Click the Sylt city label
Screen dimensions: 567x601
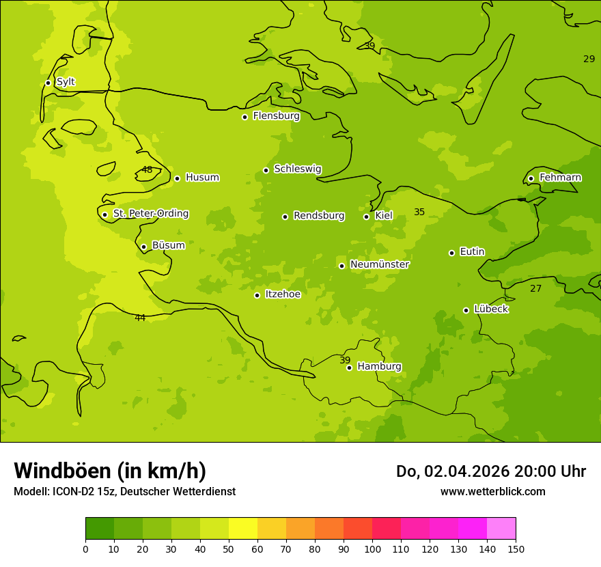pos(66,82)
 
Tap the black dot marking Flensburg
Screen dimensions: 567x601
pos(244,117)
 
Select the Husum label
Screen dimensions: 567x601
pos(202,178)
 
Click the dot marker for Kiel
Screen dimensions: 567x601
pos(366,217)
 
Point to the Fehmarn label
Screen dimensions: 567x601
pos(560,178)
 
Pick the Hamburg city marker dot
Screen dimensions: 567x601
pos(349,368)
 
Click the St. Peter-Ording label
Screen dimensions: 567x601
pos(150,214)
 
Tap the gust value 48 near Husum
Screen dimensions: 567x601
pos(147,170)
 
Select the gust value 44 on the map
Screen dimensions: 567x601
pos(140,318)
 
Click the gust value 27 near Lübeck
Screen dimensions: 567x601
pos(535,289)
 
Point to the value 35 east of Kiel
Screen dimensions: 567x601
pos(419,212)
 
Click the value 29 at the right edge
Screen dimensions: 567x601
pos(589,59)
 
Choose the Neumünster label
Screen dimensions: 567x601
pos(379,264)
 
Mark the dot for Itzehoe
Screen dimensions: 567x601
pos(257,295)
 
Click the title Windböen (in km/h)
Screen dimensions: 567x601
pos(110,471)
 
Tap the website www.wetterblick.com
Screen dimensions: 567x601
pos(492,492)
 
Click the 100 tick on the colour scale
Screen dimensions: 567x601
pos(372,549)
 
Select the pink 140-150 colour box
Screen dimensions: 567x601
pos(501,529)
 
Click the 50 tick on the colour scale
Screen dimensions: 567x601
pos(229,549)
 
